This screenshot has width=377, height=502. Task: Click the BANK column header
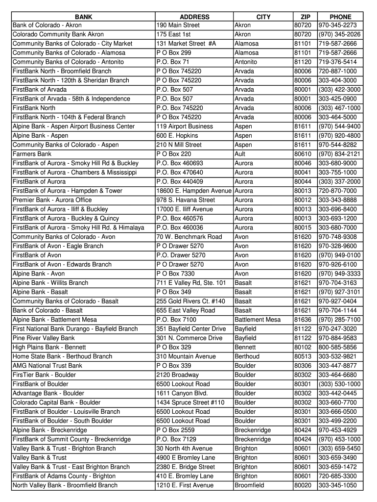coord(83,17)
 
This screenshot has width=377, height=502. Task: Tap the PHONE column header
coord(340,17)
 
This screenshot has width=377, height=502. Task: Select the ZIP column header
coord(305,17)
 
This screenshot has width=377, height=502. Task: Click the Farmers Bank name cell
coord(32,154)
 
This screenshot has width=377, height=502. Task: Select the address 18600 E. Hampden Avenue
coord(194,191)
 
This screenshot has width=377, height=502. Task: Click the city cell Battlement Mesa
coord(258,320)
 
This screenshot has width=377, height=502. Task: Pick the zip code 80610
coord(303,154)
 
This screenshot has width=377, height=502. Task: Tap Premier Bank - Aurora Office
coord(52,200)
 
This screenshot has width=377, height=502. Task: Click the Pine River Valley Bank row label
coord(44,338)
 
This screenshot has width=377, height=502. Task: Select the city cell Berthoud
coord(247,356)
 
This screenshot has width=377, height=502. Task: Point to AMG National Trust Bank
coord(47,366)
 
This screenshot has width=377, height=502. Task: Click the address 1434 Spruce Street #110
coord(190,402)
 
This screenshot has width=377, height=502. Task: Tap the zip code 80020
coord(303,485)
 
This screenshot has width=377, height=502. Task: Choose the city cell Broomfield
coord(249,485)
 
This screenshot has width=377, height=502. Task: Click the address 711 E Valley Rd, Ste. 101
coord(191,283)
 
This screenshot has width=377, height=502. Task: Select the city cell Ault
coord(240,154)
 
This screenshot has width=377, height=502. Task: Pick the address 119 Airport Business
coord(185,126)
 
